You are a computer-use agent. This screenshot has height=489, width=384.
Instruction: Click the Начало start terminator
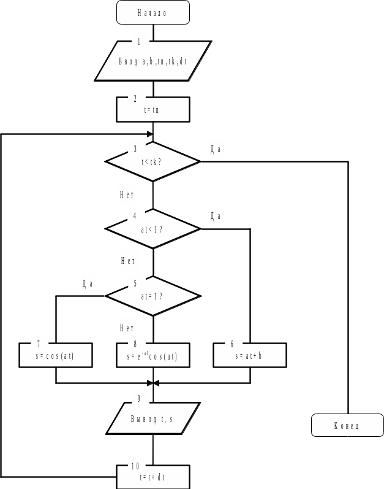(152, 12)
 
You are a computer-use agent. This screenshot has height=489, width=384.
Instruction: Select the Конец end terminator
(347, 425)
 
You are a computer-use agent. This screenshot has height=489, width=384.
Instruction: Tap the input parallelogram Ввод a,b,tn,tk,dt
(153, 61)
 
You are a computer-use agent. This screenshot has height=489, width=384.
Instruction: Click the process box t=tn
(153, 110)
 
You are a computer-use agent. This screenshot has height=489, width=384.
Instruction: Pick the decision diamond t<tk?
(153, 162)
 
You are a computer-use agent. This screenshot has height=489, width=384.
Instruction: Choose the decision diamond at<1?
(153, 229)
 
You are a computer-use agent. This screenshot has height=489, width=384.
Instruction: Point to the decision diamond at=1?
(153, 296)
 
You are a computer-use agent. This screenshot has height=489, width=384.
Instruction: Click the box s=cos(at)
(56, 355)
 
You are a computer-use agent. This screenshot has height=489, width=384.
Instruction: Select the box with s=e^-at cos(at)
(153, 355)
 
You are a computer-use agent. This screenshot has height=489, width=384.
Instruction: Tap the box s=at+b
(250, 355)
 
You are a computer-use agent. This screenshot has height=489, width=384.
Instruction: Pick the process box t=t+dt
(153, 477)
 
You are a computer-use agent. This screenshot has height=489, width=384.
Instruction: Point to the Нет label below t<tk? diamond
(127, 194)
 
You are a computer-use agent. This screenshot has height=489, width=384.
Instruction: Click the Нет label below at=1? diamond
(127, 328)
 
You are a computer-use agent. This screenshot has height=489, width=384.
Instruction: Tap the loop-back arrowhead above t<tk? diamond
(149, 134)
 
